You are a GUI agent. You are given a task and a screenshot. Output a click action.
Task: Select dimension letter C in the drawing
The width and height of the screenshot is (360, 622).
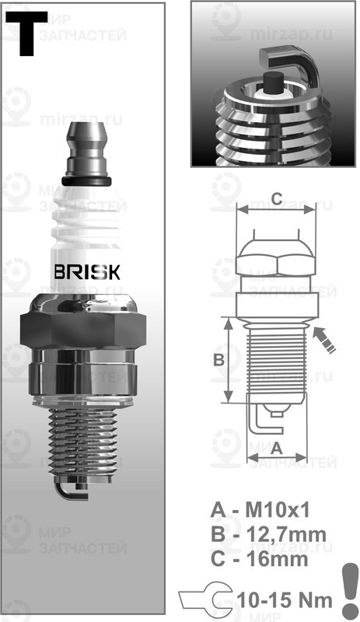point(276,198)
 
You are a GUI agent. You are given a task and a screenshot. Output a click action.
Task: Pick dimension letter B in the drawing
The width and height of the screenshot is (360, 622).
point(219,359)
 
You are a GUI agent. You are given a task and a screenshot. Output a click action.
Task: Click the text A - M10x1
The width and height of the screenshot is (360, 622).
point(260,511)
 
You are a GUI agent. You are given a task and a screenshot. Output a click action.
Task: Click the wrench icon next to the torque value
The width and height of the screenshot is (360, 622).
point(207,599)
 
